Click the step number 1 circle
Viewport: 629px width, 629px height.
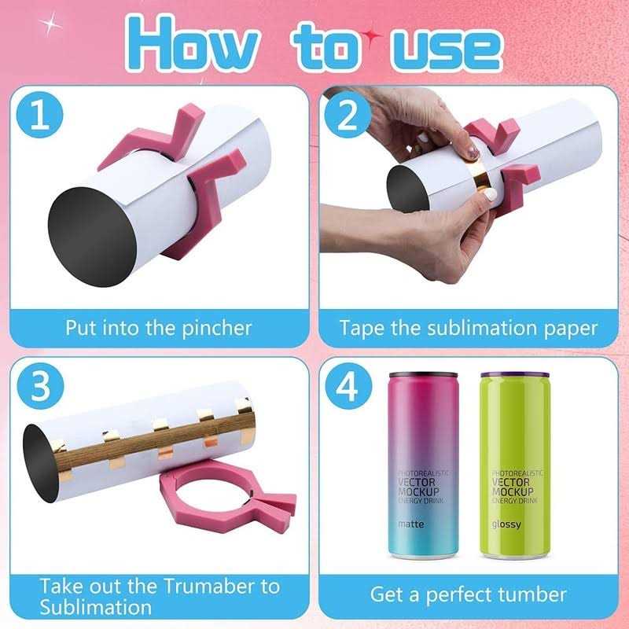(x=39, y=115)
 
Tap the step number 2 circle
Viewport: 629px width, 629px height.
(x=348, y=115)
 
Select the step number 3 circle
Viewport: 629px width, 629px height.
(x=40, y=386)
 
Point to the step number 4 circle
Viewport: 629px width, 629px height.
(x=348, y=386)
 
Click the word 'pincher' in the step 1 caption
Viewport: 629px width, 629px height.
(x=217, y=329)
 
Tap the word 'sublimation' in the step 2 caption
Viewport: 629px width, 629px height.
(x=482, y=328)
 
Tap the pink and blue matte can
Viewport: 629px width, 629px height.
(x=423, y=465)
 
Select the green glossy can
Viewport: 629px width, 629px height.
(x=516, y=465)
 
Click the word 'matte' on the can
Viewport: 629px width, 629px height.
(x=410, y=524)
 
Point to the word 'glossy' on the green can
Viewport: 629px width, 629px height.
(x=506, y=524)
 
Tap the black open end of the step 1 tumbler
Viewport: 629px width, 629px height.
(x=92, y=237)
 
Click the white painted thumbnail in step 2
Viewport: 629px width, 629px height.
(x=490, y=195)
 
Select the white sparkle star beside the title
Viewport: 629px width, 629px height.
(x=50, y=24)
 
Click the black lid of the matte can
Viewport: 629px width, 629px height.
(x=423, y=376)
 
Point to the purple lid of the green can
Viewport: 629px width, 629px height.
(x=515, y=376)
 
